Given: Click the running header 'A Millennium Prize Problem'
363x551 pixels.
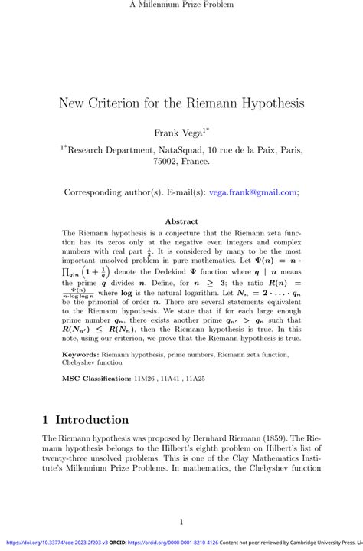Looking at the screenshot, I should [181, 5].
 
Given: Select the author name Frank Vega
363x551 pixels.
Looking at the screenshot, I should [178, 133].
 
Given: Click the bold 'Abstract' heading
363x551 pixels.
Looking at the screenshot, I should [181, 221].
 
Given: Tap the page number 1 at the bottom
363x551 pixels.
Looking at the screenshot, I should [181, 523].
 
